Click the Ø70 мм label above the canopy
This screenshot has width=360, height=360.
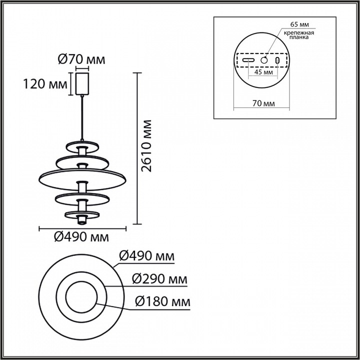click(x=81, y=60)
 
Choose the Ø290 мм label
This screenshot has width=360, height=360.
click(x=160, y=279)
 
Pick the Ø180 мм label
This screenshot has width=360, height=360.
click(x=163, y=301)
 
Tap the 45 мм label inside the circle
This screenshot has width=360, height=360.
click(x=263, y=72)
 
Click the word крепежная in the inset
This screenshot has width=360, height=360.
click(x=299, y=32)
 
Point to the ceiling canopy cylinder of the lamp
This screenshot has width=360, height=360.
click(x=81, y=83)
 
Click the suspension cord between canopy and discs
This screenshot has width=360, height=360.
click(x=81, y=117)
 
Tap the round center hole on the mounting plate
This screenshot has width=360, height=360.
click(x=263, y=60)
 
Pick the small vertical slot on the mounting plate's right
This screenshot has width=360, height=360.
click(x=277, y=60)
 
